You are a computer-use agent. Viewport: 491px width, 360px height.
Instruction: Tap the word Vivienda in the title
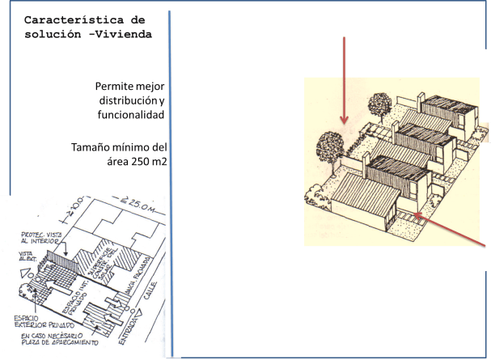pyautogui.click(x=122, y=35)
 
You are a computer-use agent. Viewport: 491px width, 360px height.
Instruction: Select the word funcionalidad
pyautogui.click(x=129, y=115)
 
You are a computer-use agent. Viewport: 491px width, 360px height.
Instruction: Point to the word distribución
pyautogui.click(x=125, y=101)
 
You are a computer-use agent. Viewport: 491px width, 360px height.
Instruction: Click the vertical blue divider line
pyautogui.click(x=171, y=178)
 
